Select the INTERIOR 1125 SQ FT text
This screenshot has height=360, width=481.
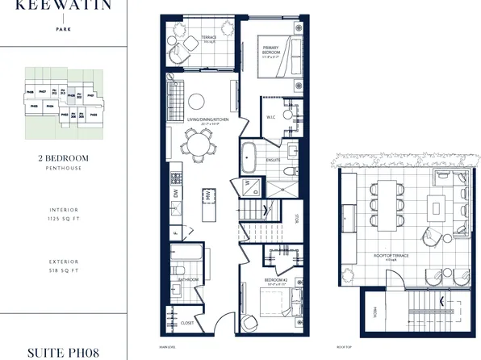click(x=62, y=214)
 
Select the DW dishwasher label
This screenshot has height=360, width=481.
click(x=175, y=194)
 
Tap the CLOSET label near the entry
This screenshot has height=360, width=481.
click(x=187, y=321)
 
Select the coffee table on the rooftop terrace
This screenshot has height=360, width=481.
click(x=436, y=207)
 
